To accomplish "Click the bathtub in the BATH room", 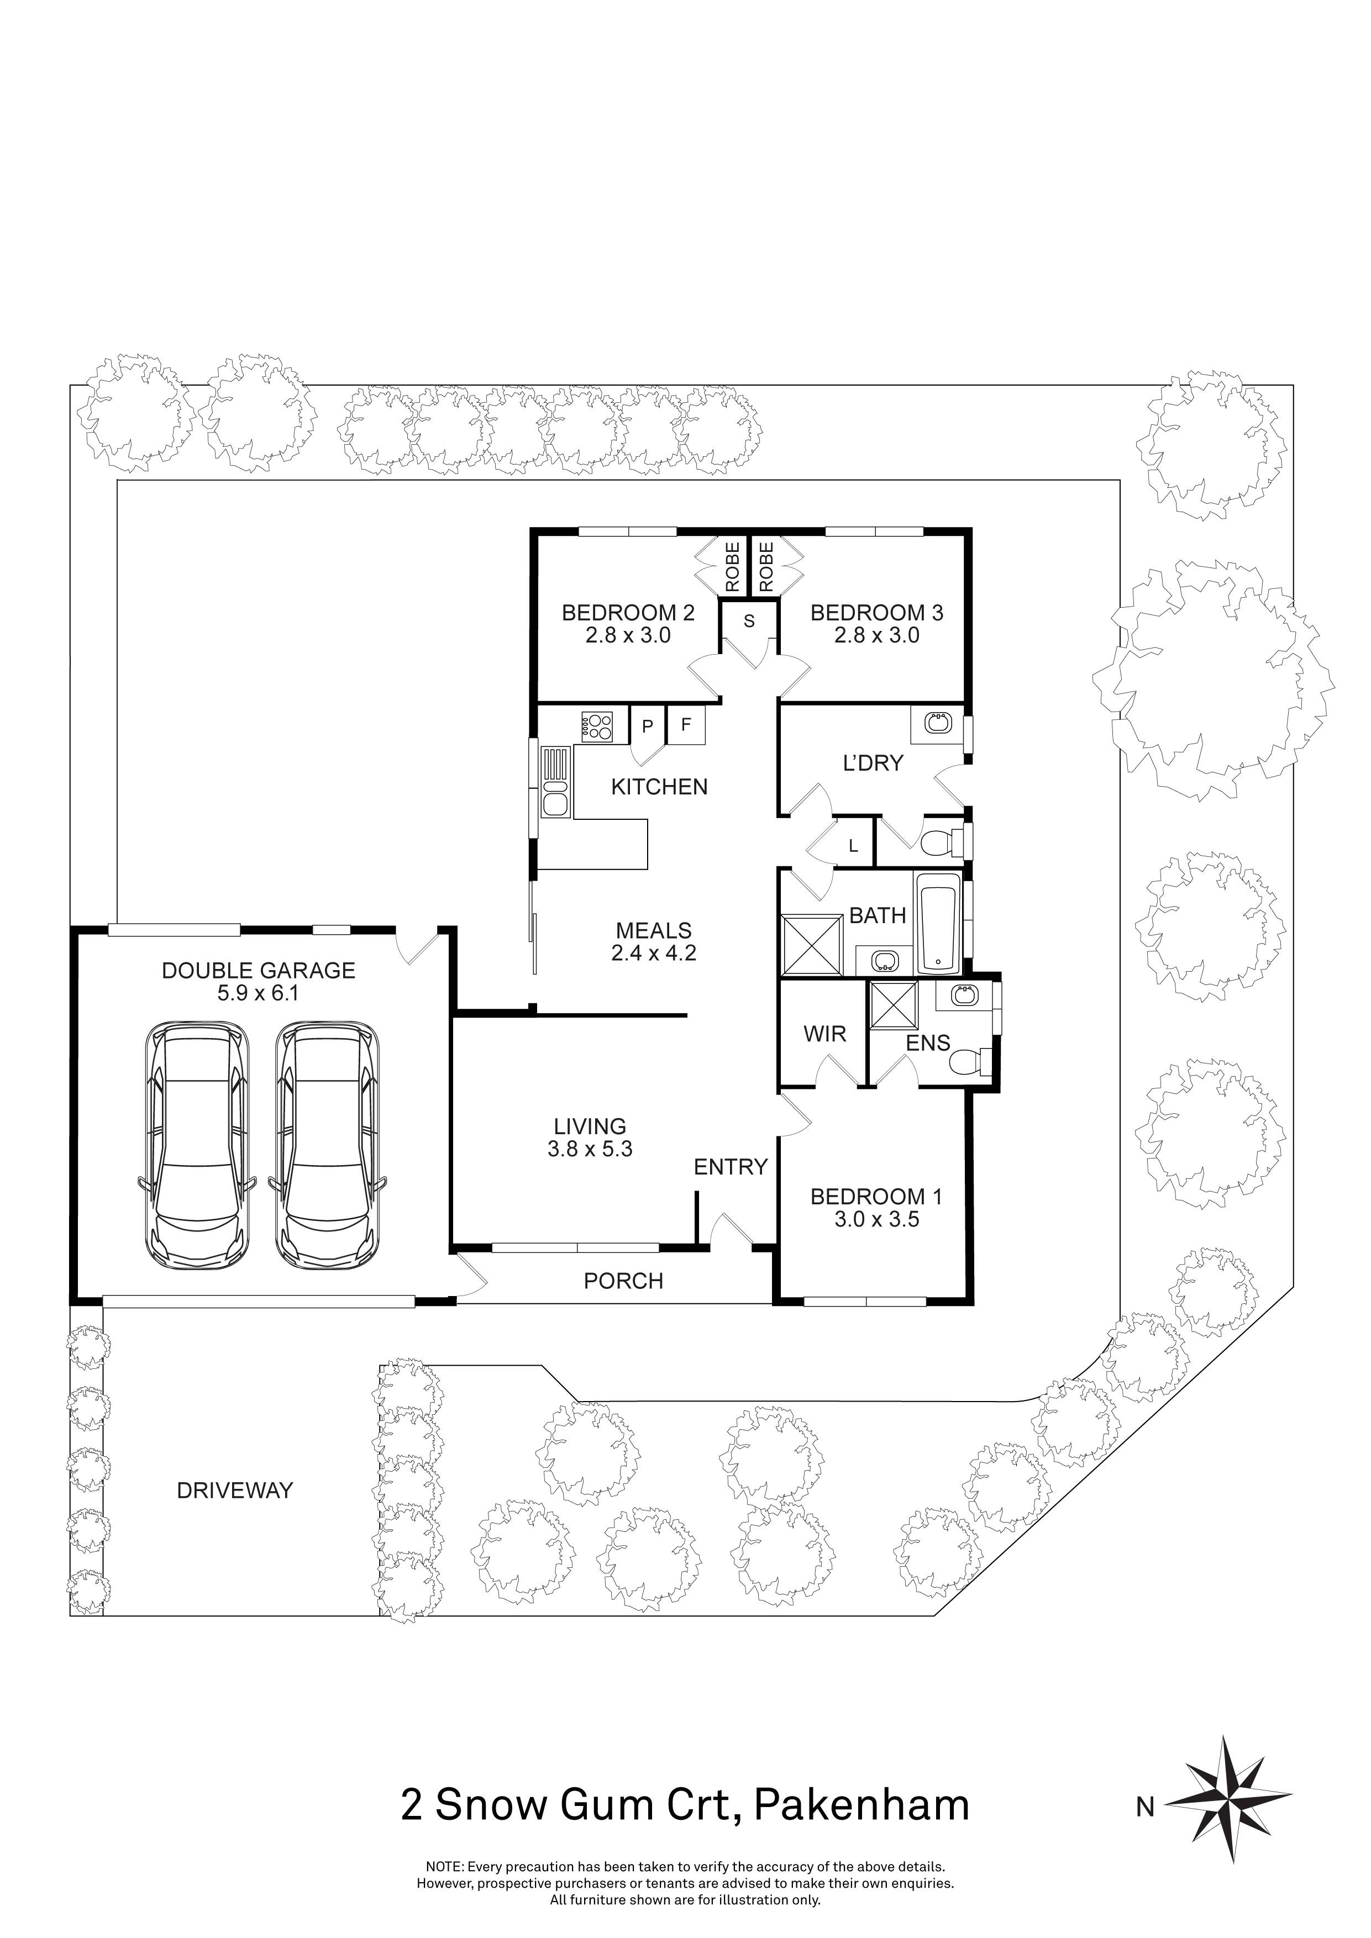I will click(938, 924).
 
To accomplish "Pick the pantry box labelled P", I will click(648, 726).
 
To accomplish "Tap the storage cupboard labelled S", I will click(748, 622).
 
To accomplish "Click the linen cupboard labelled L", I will click(854, 846).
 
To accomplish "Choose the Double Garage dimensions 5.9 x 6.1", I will click(258, 993).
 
